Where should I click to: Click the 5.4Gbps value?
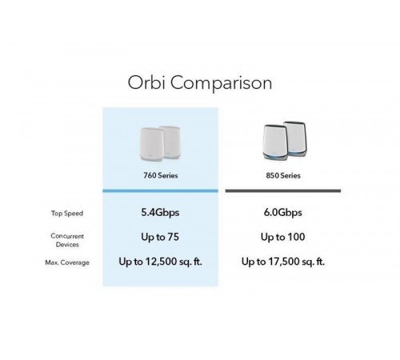pos(159,213)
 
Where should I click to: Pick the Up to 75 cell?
pos(159,238)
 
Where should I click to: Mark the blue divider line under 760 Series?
pos(159,190)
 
